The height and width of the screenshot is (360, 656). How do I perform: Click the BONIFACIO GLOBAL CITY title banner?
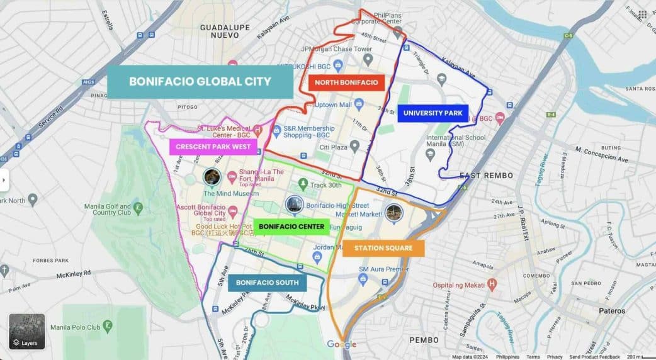point(200,82)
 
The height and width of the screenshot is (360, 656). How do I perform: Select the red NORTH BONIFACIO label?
point(346,82)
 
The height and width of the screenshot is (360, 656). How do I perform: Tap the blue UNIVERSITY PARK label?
point(433,113)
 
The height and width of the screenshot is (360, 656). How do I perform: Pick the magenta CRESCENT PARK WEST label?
point(213,147)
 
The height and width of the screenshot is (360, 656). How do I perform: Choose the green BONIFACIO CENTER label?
point(291,227)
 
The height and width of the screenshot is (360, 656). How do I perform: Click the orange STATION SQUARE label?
point(383,248)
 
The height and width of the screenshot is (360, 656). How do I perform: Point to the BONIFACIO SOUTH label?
point(267,283)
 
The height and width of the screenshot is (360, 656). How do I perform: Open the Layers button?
point(26,332)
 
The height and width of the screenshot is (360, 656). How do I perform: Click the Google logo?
point(341,344)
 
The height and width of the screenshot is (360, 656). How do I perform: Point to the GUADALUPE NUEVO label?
point(225,32)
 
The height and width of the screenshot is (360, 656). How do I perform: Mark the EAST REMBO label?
point(486,175)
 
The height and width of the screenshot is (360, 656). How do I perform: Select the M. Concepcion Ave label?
point(602,155)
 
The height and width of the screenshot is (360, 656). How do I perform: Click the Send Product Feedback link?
point(594,357)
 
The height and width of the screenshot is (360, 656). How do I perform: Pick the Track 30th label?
point(325,185)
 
